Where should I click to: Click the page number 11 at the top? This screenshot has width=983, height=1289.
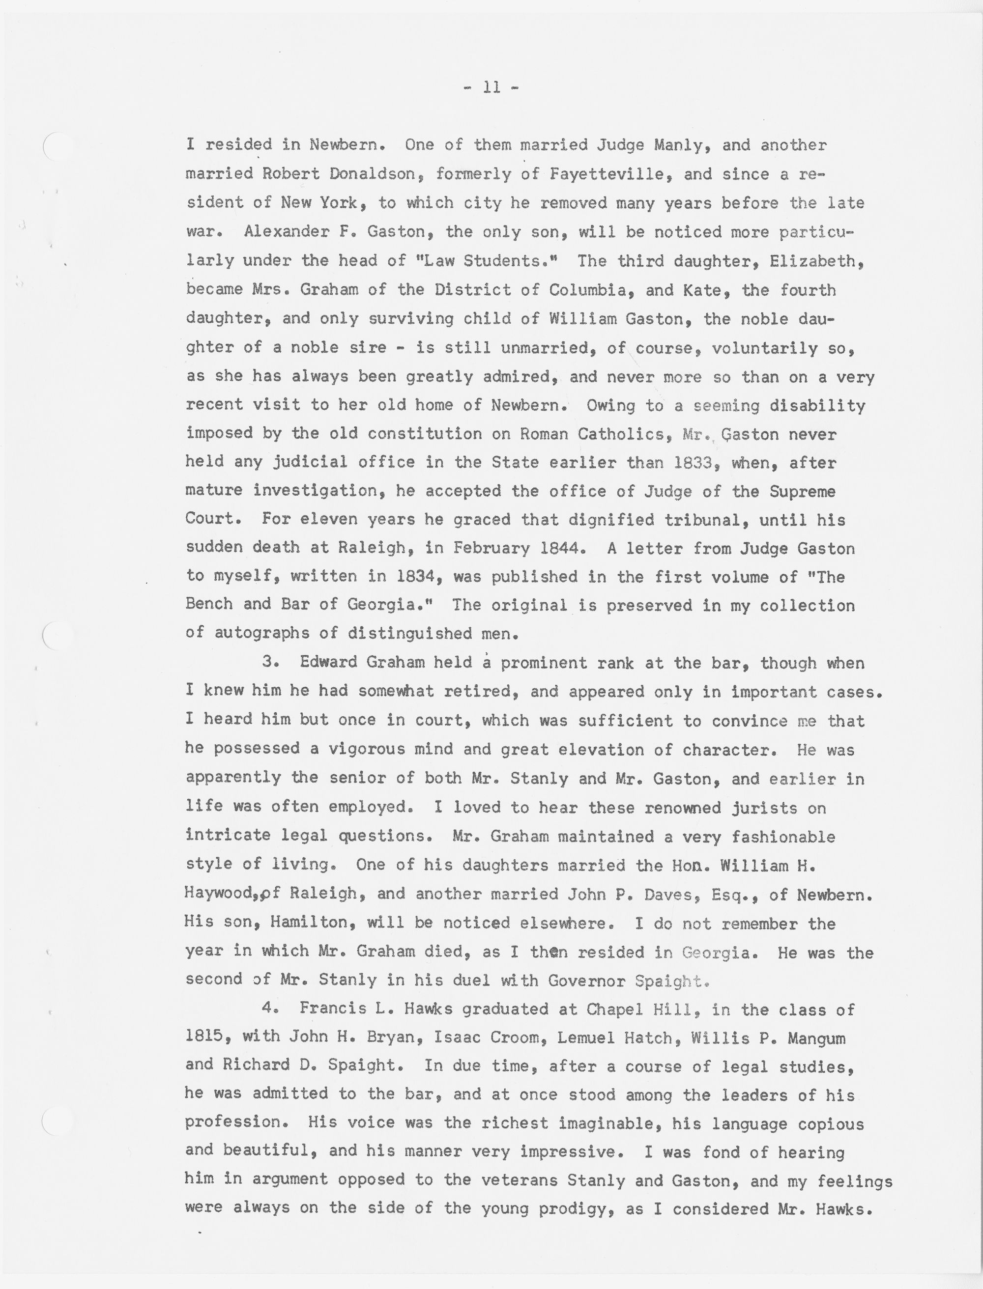point(491,88)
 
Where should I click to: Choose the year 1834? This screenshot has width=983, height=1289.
point(416,577)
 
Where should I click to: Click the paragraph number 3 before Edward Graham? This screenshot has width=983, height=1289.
point(268,662)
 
